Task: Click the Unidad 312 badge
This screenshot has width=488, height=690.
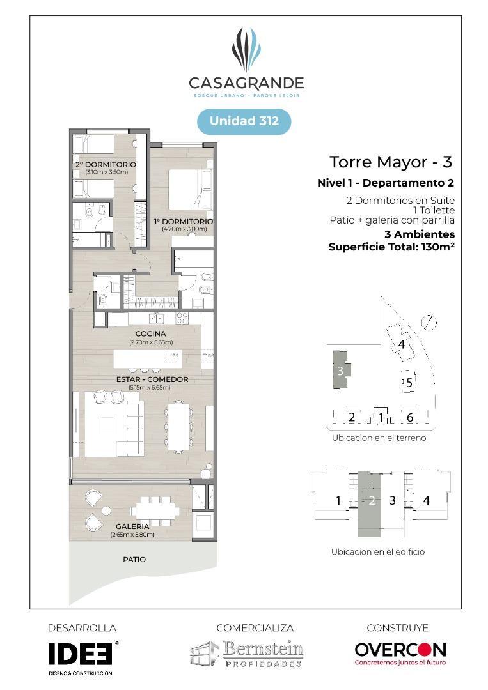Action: coord(244,121)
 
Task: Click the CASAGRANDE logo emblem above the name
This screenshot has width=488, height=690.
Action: coord(246,49)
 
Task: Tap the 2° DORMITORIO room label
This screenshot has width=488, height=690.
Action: coord(106,165)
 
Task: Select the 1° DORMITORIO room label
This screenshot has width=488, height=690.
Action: coord(183,222)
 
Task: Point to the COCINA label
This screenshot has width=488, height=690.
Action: coord(150,333)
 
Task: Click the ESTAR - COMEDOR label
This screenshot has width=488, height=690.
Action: coord(152,379)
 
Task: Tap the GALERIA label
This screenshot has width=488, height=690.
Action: coord(133,526)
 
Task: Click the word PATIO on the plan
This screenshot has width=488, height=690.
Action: coord(134,560)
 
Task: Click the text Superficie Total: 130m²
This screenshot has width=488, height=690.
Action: coord(391,247)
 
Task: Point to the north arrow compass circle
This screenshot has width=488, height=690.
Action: coord(430,323)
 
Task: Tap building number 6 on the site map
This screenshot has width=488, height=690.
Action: coord(410,417)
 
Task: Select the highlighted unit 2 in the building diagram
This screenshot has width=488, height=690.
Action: coord(372,501)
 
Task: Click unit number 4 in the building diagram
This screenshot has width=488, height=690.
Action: coord(426,501)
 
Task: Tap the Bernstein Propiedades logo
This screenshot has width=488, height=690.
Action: coord(247,654)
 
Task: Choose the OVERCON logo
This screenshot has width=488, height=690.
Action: coord(400,650)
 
